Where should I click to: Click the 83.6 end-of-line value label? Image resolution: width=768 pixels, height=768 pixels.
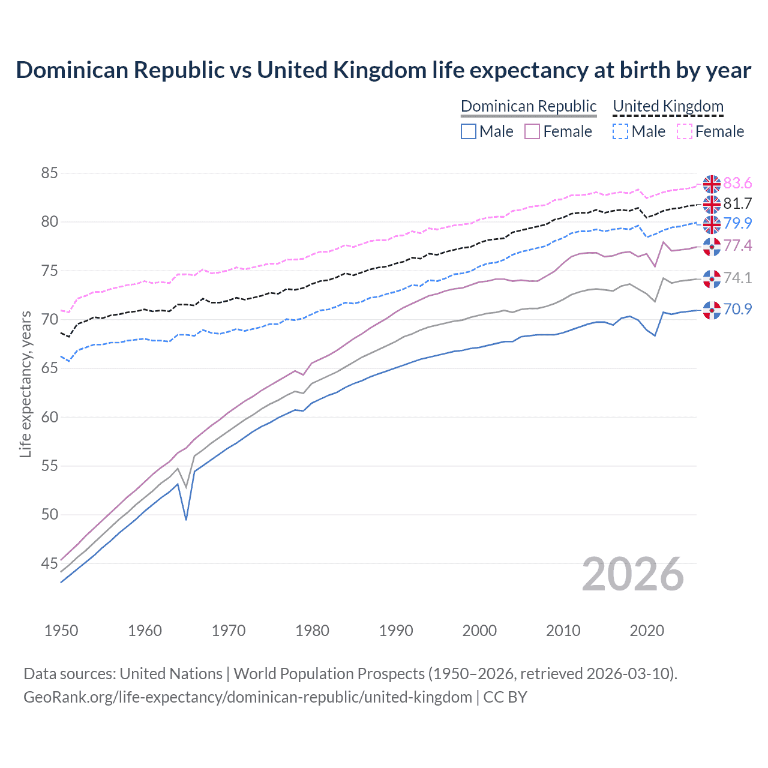[x=737, y=183]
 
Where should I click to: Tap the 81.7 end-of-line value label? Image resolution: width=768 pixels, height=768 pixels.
[x=737, y=203]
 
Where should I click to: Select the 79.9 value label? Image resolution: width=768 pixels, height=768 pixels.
[x=737, y=223]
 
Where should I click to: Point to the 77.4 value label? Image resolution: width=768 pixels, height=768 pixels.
[x=737, y=245]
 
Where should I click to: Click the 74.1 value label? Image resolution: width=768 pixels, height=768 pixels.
[x=737, y=278]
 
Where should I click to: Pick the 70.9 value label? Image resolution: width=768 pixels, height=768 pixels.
[x=737, y=309]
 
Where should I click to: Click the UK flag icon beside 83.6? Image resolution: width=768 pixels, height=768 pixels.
[x=712, y=184]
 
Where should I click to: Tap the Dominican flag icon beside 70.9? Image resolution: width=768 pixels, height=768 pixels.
[x=712, y=310]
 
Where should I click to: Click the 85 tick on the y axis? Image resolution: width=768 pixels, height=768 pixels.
[x=49, y=173]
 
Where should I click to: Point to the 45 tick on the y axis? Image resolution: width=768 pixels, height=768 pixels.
[x=49, y=563]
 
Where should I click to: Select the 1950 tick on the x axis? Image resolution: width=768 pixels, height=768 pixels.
[x=61, y=631]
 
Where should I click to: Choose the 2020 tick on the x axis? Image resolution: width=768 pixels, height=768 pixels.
[x=647, y=631]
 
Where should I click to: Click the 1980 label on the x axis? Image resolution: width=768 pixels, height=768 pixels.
[x=312, y=631]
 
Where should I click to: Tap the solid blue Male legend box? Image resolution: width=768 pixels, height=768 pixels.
[x=469, y=131]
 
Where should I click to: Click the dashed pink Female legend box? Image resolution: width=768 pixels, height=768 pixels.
[x=685, y=131]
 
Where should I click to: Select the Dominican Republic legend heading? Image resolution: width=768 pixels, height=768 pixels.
[x=529, y=106]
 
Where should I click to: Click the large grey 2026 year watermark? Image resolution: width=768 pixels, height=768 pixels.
[x=632, y=574]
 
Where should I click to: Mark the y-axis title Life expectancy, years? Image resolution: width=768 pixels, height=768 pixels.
[x=25, y=384]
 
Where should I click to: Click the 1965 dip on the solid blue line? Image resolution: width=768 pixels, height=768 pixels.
[x=186, y=519]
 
